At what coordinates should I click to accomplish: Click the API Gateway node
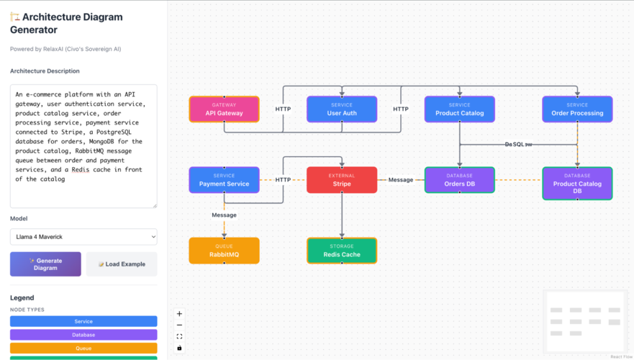[224, 109]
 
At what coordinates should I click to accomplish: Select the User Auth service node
[342, 109]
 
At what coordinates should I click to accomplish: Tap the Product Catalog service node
[459, 109]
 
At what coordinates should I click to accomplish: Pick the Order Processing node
[577, 109]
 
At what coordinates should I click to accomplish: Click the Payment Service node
[224, 180]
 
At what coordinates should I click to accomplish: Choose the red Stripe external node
[342, 180]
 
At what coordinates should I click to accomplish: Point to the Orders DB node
[459, 180]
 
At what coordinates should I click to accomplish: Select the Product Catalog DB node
[577, 184]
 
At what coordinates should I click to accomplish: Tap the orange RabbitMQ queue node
[224, 251]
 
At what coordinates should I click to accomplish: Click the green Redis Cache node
[342, 251]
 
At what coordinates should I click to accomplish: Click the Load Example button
[122, 264]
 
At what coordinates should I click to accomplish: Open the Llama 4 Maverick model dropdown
[83, 237]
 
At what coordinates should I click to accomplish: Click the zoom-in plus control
[179, 314]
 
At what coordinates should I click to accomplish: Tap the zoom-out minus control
[179, 325]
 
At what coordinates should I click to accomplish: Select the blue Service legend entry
[83, 321]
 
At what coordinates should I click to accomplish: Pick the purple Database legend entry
[83, 335]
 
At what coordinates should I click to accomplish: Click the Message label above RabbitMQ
[224, 215]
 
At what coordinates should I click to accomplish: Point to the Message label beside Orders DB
[401, 180]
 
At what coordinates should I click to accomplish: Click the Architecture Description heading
[45, 71]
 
